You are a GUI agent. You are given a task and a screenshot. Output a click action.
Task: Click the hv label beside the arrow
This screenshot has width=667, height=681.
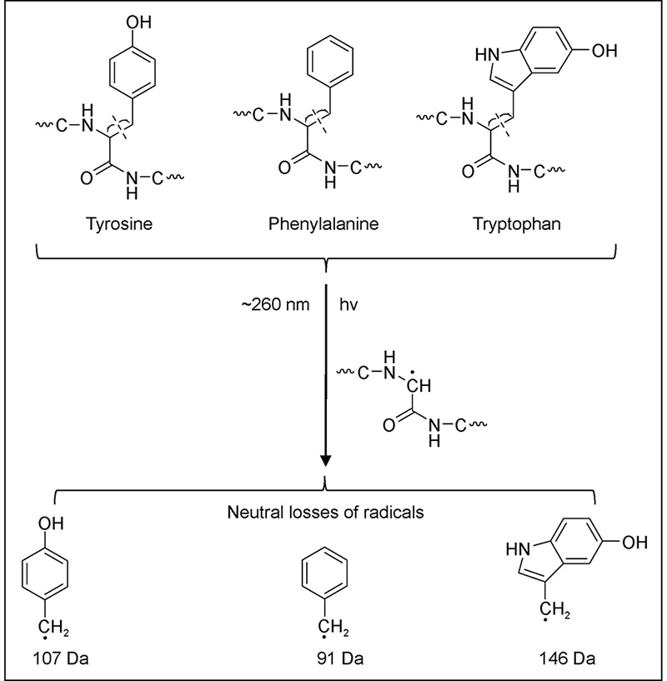pyautogui.click(x=350, y=304)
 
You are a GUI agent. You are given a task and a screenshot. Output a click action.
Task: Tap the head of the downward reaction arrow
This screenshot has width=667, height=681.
pyautogui.click(x=326, y=461)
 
